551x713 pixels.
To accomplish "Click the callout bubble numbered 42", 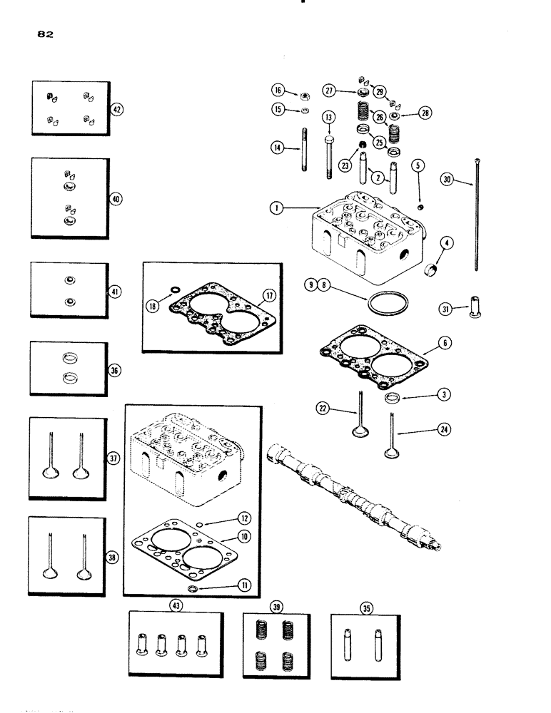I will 117,109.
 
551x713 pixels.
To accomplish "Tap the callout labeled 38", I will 113,558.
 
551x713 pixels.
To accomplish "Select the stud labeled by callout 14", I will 303,148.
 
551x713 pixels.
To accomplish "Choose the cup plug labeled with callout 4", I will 430,271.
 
